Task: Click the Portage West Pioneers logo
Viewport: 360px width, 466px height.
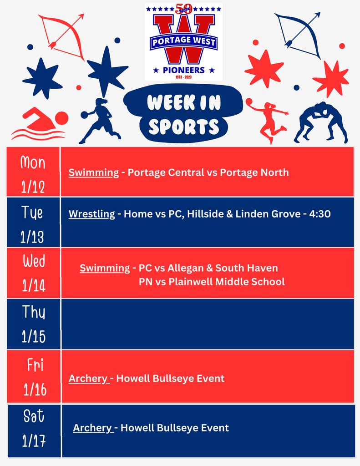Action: coord(183,42)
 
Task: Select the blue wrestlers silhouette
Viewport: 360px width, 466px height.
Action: coord(321,122)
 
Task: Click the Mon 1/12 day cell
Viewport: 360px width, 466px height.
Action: coord(33,172)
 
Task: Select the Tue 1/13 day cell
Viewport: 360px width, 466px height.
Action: coord(33,223)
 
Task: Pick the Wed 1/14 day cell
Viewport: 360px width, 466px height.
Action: coord(33,273)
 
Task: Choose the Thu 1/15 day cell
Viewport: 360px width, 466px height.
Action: coord(33,324)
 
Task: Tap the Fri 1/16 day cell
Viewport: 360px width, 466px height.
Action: coord(34,376)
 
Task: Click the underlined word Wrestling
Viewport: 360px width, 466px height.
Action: coord(92,214)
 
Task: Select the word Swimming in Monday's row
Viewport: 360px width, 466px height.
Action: coord(94,173)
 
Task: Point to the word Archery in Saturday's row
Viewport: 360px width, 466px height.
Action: coord(92,428)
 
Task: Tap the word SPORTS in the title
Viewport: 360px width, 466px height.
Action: coord(183,127)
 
